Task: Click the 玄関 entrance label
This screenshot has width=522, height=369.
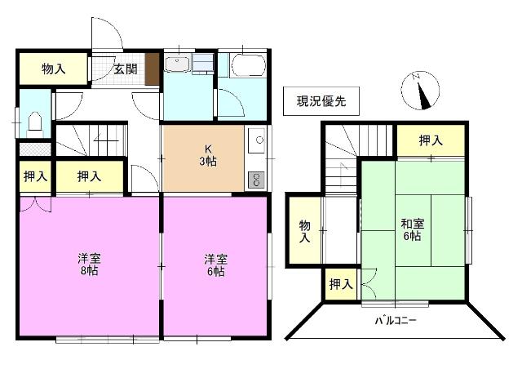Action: tap(124, 69)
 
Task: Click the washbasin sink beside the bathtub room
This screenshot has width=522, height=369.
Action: tap(178, 64)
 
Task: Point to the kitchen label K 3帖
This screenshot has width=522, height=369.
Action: tap(210, 156)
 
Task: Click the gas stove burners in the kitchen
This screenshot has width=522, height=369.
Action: tap(255, 179)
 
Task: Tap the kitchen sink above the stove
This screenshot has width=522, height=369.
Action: tap(255, 142)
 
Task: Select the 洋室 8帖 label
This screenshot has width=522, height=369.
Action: tap(87, 265)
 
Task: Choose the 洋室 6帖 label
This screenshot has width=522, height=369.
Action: tap(215, 265)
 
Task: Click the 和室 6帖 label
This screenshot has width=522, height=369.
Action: tap(410, 229)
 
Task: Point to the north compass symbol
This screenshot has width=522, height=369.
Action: tap(421, 91)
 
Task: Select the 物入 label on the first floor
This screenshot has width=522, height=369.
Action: tap(53, 69)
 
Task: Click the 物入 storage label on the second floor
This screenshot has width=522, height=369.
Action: tap(304, 231)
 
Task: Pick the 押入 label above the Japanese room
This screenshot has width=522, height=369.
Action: tap(431, 140)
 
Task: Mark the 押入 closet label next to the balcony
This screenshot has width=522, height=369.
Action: tap(340, 285)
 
